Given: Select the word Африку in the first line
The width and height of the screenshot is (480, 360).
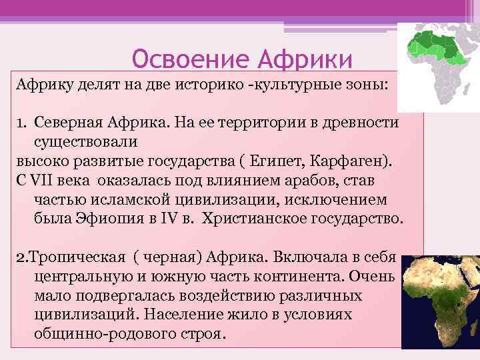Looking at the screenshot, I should click(42, 86).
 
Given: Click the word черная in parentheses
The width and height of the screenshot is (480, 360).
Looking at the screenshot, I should click(167, 257).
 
